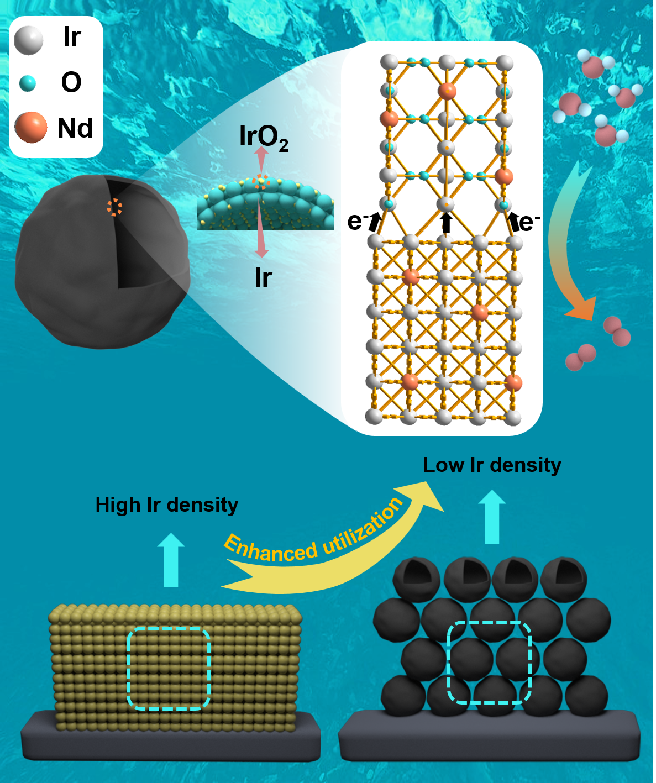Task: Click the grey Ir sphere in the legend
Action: [28, 40]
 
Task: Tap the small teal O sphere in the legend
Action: [27, 83]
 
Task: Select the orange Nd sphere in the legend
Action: [30, 127]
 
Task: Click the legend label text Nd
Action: [75, 128]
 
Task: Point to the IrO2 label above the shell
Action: [263, 137]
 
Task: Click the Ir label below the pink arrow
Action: [263, 277]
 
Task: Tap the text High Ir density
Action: [166, 505]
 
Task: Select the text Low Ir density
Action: [492, 465]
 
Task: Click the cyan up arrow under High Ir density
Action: [171, 561]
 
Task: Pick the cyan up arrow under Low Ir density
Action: [491, 517]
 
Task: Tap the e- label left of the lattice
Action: [357, 222]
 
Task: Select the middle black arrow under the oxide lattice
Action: [446, 223]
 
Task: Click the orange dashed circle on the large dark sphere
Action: [114, 207]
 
